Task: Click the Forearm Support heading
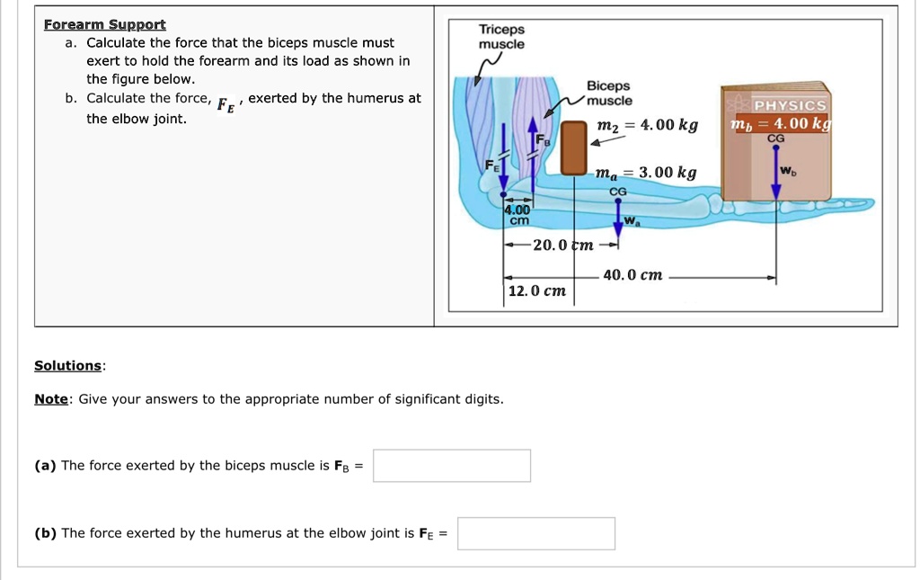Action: pyautogui.click(x=104, y=24)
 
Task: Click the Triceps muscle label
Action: pyautogui.click(x=501, y=37)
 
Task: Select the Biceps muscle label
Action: pyautogui.click(x=608, y=94)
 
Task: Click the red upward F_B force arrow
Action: pyautogui.click(x=533, y=148)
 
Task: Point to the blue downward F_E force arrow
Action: pyautogui.click(x=503, y=166)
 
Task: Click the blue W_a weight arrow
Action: pyautogui.click(x=619, y=216)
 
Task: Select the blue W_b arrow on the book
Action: pyautogui.click(x=777, y=175)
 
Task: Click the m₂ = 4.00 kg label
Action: pyautogui.click(x=647, y=125)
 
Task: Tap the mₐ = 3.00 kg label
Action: pyautogui.click(x=645, y=173)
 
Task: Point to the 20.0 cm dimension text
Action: pyautogui.click(x=562, y=245)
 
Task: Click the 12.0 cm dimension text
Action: pyautogui.click(x=536, y=291)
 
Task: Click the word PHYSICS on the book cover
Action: pyautogui.click(x=790, y=106)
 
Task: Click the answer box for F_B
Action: pyautogui.click(x=451, y=466)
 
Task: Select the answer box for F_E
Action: pyautogui.click(x=535, y=533)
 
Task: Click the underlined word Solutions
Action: pyautogui.click(x=68, y=365)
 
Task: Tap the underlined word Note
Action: pyautogui.click(x=50, y=399)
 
